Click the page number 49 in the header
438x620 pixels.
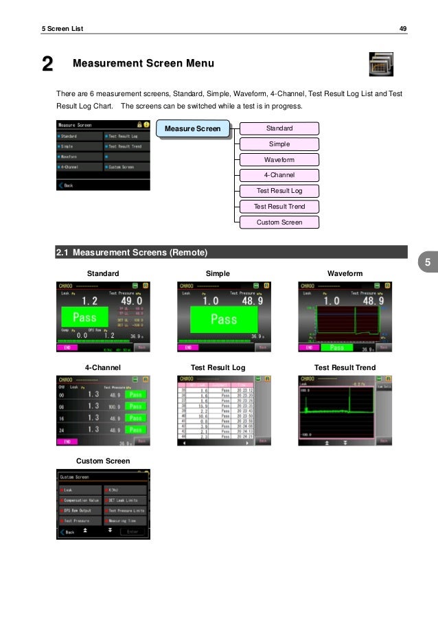pos(403,28)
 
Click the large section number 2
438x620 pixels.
pos(47,65)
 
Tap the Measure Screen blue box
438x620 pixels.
pos(193,128)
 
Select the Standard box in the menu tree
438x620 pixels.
pos(279,128)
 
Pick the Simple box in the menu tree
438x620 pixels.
pos(279,144)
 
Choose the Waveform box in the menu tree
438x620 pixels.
pos(279,160)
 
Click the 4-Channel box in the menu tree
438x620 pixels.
pos(279,175)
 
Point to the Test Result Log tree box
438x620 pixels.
pos(279,191)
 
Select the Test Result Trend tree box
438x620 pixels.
pos(279,207)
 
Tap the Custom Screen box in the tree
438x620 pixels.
pos(279,222)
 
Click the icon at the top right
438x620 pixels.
pos(381,65)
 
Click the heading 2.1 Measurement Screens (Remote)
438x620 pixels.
pos(132,253)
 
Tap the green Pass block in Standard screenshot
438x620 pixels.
pos(84,318)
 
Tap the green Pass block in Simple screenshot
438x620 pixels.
pos(223,319)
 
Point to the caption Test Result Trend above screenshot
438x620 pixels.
pos(345,368)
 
